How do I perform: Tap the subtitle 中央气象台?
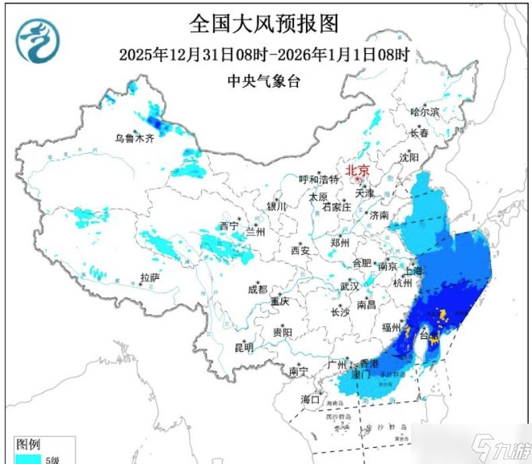coord(263,81)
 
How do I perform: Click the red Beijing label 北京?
coord(358,171)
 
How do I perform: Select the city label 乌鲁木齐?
coord(135,139)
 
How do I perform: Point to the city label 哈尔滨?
coord(424,112)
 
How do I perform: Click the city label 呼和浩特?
coord(319,180)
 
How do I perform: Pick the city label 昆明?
coord(244,348)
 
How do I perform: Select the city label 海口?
coord(310,399)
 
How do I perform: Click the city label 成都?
coord(257,289)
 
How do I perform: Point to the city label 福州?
coord(391,327)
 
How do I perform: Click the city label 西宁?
coord(229,227)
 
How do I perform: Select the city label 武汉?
coord(349,286)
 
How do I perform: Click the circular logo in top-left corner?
coord(38,41)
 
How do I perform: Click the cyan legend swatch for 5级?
coord(28,459)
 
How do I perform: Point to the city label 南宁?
coord(298,371)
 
